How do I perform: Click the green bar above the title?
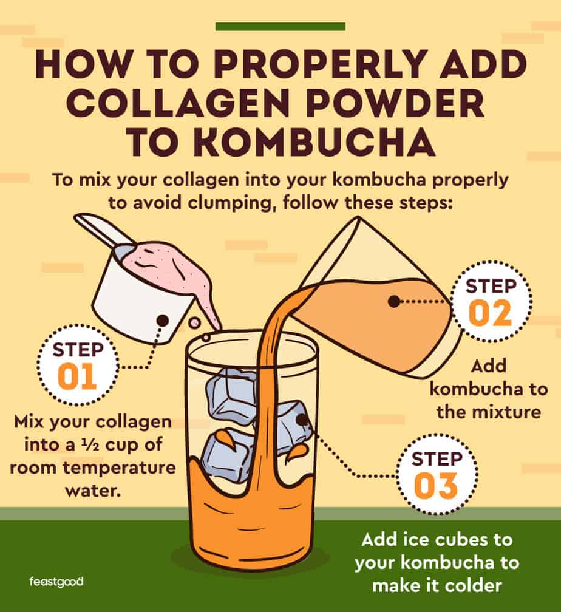click(x=280, y=27)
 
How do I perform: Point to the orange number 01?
click(x=77, y=376)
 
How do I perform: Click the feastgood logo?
click(x=56, y=581)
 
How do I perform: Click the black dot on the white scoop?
click(x=162, y=319)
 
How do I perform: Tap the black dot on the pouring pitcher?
click(x=393, y=301)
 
